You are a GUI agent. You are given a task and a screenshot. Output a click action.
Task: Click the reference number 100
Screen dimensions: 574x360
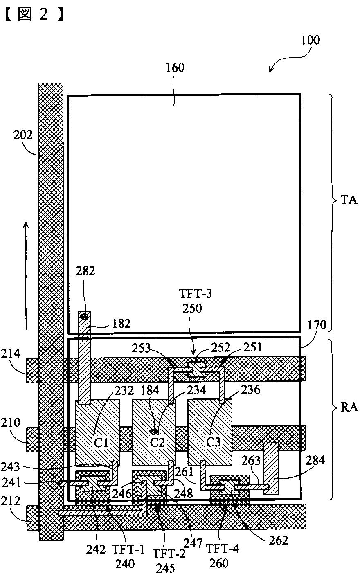pyautogui.click(x=310, y=41)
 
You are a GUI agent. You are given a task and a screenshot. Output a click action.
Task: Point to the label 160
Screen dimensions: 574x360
pyautogui.click(x=175, y=68)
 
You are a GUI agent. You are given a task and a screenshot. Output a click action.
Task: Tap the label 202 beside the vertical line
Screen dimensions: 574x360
pyautogui.click(x=22, y=135)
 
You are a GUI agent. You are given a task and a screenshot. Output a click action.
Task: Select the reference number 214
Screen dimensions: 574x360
pyautogui.click(x=11, y=353)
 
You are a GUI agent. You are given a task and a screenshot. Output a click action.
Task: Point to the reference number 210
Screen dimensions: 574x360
pyautogui.click(x=11, y=422)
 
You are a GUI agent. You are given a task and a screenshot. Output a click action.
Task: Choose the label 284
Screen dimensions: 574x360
pyautogui.click(x=315, y=460)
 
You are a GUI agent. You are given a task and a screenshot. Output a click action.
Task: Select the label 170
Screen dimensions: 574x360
pyautogui.click(x=317, y=325)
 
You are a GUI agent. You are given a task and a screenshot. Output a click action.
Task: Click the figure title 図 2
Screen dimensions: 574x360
pyautogui.click(x=32, y=15)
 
